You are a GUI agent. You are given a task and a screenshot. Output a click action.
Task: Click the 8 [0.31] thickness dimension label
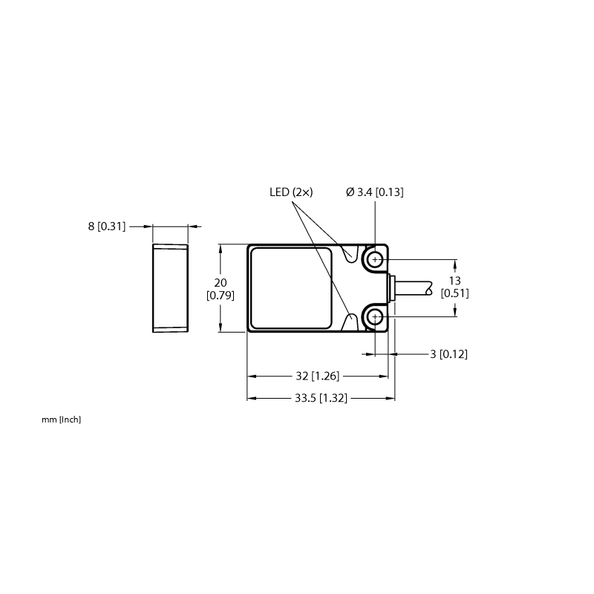[x=106, y=226]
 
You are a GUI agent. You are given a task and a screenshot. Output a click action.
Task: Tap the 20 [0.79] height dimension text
[x=221, y=289]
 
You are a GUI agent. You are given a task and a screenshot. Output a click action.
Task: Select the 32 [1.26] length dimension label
[x=318, y=376]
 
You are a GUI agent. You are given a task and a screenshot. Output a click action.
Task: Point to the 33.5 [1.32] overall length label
[x=321, y=398]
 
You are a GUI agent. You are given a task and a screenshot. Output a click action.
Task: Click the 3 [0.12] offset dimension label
[x=448, y=354]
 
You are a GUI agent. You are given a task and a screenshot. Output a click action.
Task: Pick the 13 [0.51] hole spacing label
[x=454, y=287]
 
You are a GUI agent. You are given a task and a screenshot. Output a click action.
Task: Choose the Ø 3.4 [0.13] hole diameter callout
[x=375, y=192]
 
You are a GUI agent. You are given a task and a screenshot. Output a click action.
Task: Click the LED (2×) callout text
[x=291, y=192]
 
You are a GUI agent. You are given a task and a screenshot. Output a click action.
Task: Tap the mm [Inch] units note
[x=62, y=420]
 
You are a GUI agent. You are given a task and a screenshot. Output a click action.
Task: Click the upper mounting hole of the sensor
[x=375, y=260]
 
